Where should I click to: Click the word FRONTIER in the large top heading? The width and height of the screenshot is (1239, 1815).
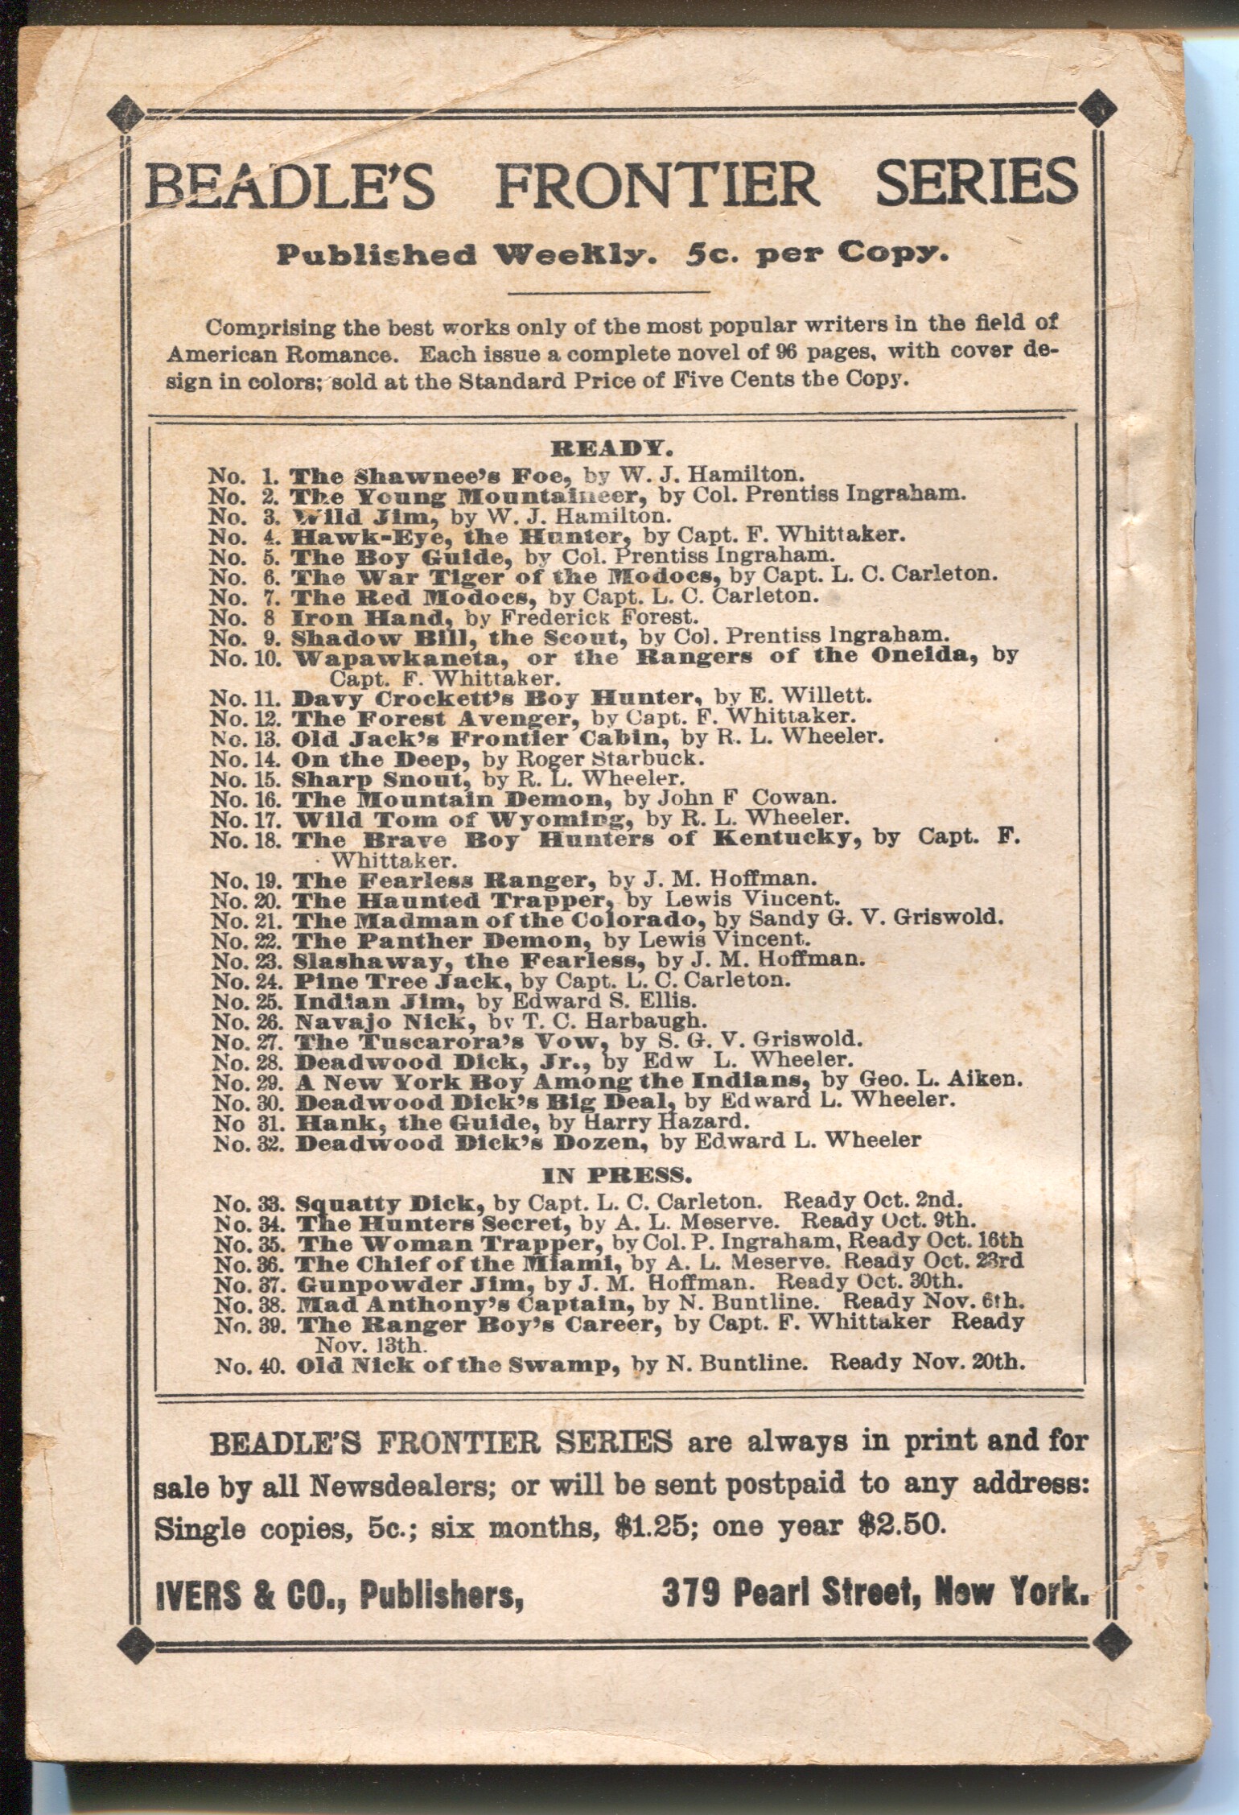click(x=655, y=185)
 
